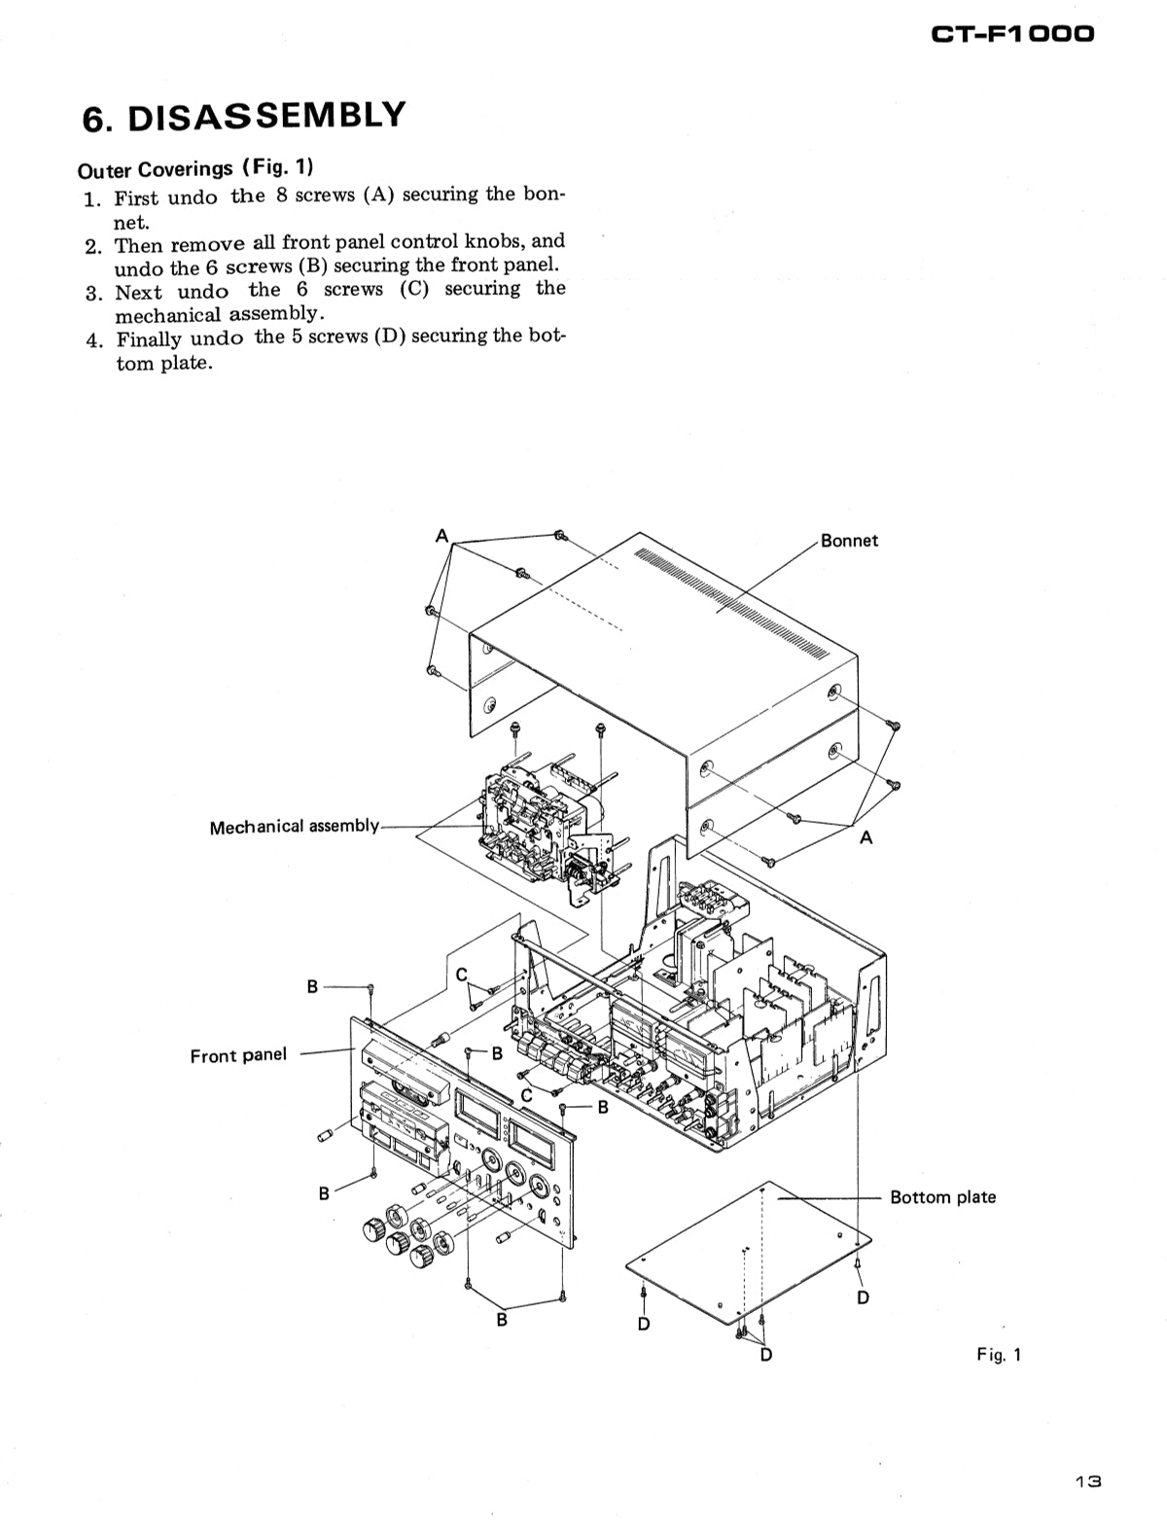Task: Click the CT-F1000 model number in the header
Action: point(1011,34)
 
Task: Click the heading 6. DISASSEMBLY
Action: point(243,117)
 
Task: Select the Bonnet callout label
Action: point(849,541)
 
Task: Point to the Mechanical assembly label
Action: point(294,827)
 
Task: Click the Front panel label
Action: point(238,1055)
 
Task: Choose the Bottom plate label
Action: point(942,1197)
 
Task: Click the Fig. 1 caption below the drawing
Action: point(999,1354)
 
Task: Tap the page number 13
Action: point(1087,1482)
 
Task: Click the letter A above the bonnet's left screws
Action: point(442,536)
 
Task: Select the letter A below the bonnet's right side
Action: point(866,837)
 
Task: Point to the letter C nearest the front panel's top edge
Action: point(462,975)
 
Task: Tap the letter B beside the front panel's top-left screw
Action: point(312,986)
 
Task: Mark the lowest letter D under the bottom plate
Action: point(765,1354)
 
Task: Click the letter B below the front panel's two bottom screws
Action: point(502,1320)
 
